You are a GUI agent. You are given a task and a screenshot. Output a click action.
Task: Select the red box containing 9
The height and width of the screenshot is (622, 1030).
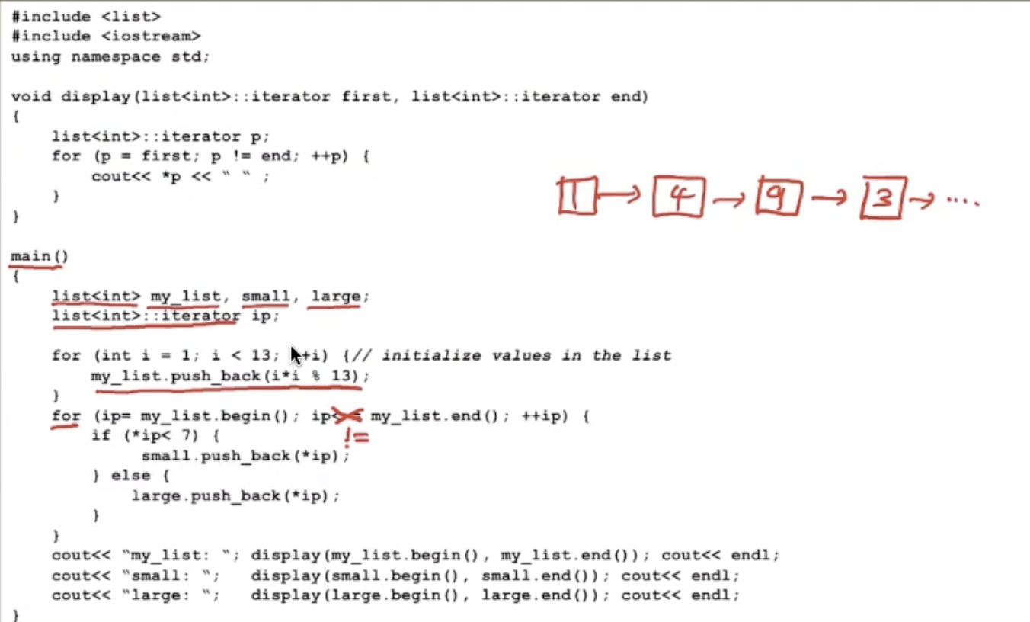click(x=779, y=197)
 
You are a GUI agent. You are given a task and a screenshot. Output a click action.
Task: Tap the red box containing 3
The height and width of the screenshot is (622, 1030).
click(x=882, y=197)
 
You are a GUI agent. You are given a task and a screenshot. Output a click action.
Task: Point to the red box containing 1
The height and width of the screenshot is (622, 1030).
click(x=577, y=196)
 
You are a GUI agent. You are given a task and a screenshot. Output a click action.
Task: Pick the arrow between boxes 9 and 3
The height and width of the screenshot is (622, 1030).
click(x=830, y=198)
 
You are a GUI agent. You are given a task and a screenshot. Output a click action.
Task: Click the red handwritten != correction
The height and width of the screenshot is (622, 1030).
click(x=356, y=438)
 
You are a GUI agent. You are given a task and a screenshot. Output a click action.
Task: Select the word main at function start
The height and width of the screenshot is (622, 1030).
click(x=30, y=255)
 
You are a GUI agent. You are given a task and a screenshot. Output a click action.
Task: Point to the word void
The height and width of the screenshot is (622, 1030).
click(x=30, y=97)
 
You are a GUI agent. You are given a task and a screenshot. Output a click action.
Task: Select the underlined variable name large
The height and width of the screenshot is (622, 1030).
click(x=335, y=296)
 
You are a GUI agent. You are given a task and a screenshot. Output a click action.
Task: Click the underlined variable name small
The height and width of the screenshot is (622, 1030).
click(x=266, y=296)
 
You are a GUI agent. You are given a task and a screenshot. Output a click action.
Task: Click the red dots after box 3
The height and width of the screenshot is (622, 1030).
click(x=962, y=200)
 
